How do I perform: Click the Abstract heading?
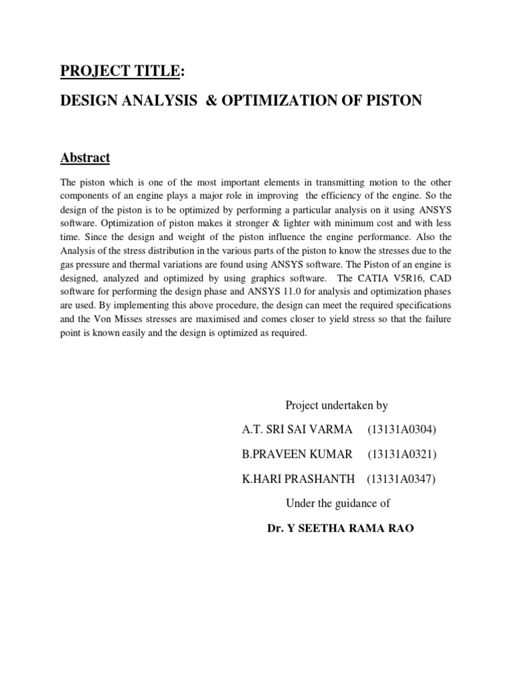click(85, 158)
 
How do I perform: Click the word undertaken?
click(341, 405)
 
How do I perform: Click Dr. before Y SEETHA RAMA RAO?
click(275, 528)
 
